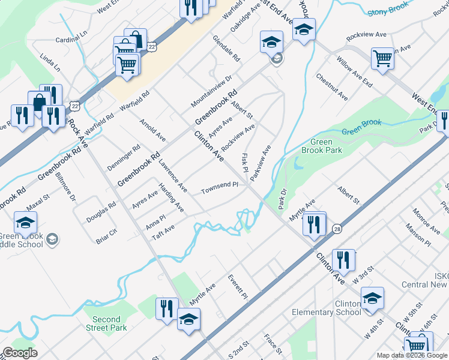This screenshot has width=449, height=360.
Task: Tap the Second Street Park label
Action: click(x=106, y=323)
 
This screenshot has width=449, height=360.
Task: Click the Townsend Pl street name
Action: click(x=220, y=187)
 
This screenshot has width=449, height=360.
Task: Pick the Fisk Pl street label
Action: click(x=245, y=161)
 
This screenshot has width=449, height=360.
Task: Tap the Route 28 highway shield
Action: click(x=337, y=229)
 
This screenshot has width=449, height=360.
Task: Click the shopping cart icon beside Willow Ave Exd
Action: click(x=382, y=58)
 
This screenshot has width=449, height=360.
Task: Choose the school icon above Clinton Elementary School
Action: click(x=372, y=298)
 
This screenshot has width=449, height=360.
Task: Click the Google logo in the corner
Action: click(x=19, y=353)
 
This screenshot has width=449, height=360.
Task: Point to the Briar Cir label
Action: click(x=107, y=235)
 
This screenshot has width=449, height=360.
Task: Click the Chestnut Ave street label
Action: click(x=331, y=87)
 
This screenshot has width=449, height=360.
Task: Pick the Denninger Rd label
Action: click(x=127, y=155)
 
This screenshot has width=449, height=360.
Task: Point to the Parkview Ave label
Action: click(x=262, y=163)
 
